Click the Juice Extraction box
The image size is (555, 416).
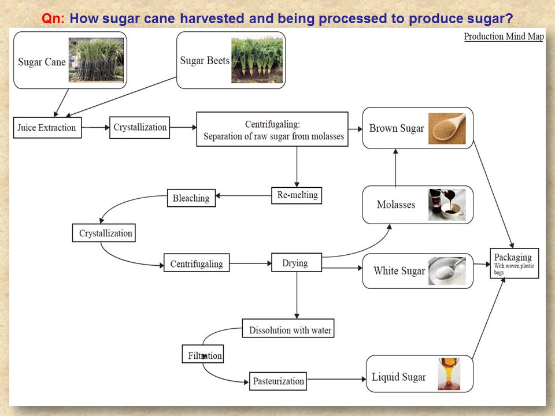pos(47,128)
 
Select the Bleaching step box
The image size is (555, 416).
pos(191,198)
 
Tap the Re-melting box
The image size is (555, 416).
pos(297,195)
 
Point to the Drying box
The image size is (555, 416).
pos(296,263)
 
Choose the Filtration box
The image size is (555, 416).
pos(202,355)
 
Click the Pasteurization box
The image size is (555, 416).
pos(278,381)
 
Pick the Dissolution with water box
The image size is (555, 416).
pos(288,329)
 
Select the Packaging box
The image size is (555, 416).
pos(515,263)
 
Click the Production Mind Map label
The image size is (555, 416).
pos(504,37)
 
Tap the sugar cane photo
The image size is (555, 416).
pos(96,61)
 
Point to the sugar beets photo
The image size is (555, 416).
pos(257,61)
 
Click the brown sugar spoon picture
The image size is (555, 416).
pos(447,128)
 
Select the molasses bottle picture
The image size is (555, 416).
pos(446,205)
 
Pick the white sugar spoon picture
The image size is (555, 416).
pos(446,270)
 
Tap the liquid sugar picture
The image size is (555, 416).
pos(449,374)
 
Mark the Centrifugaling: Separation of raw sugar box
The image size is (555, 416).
pos(272,129)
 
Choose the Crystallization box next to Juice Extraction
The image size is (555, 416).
pos(140,127)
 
